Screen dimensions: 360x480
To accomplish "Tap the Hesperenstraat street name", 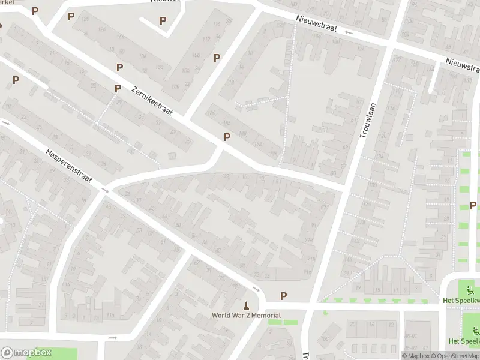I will click(x=70, y=166).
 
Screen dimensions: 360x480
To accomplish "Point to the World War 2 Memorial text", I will click(x=246, y=315).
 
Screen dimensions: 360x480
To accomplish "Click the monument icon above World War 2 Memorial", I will click(x=245, y=305).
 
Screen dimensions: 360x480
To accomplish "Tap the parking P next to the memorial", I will click(x=283, y=296).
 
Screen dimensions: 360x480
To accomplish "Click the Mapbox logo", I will click(x=26, y=353).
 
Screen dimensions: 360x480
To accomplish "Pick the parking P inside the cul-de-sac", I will click(x=163, y=21).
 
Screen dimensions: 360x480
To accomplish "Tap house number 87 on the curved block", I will click(x=325, y=206).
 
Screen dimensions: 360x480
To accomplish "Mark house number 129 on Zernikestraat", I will click(x=85, y=19).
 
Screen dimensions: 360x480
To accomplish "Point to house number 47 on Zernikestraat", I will click(x=188, y=142).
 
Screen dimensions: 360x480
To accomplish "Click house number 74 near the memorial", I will click(x=268, y=275).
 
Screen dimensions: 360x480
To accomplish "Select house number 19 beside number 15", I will click(x=358, y=288).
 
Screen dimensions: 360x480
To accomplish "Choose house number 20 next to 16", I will click(x=352, y=325).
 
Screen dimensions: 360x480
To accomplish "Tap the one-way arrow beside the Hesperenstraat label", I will click(x=105, y=190).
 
